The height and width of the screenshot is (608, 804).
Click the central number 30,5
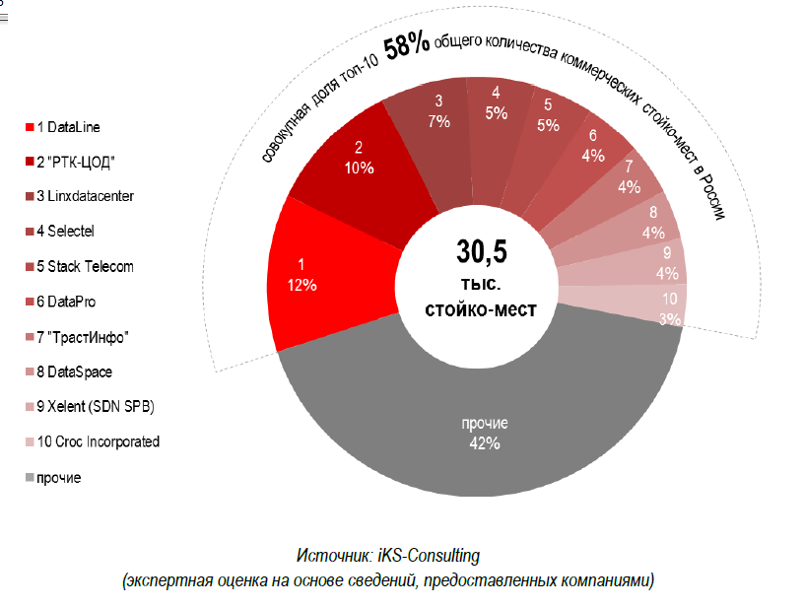tap(480, 252)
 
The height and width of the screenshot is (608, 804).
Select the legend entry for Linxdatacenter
tap(84, 196)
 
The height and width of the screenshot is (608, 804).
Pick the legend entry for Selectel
tap(69, 232)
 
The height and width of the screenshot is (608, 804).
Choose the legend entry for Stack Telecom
tap(84, 267)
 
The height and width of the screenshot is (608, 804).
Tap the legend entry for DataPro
tap(69, 302)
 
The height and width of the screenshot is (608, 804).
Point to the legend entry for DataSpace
tap(74, 372)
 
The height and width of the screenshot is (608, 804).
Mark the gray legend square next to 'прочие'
tap(28, 478)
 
